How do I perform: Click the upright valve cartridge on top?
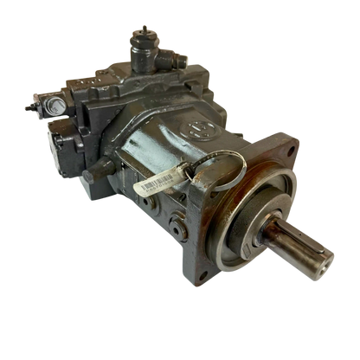[x=139, y=47]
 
